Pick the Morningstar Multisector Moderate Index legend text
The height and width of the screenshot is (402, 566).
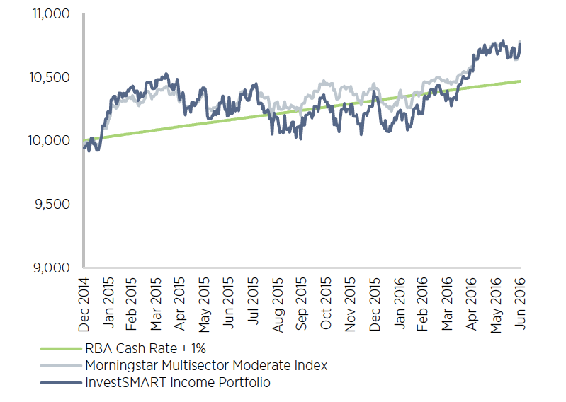[206, 366]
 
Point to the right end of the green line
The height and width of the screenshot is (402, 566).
[521, 81]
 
